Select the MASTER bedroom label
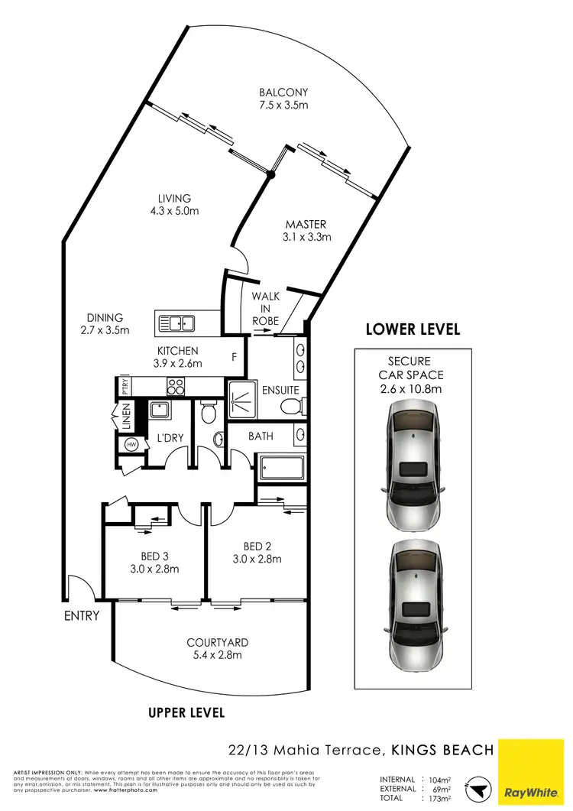306,230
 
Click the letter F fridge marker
235,356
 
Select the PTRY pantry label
124,386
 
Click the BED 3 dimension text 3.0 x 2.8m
154,569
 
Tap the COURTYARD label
217,648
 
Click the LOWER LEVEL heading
413,329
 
